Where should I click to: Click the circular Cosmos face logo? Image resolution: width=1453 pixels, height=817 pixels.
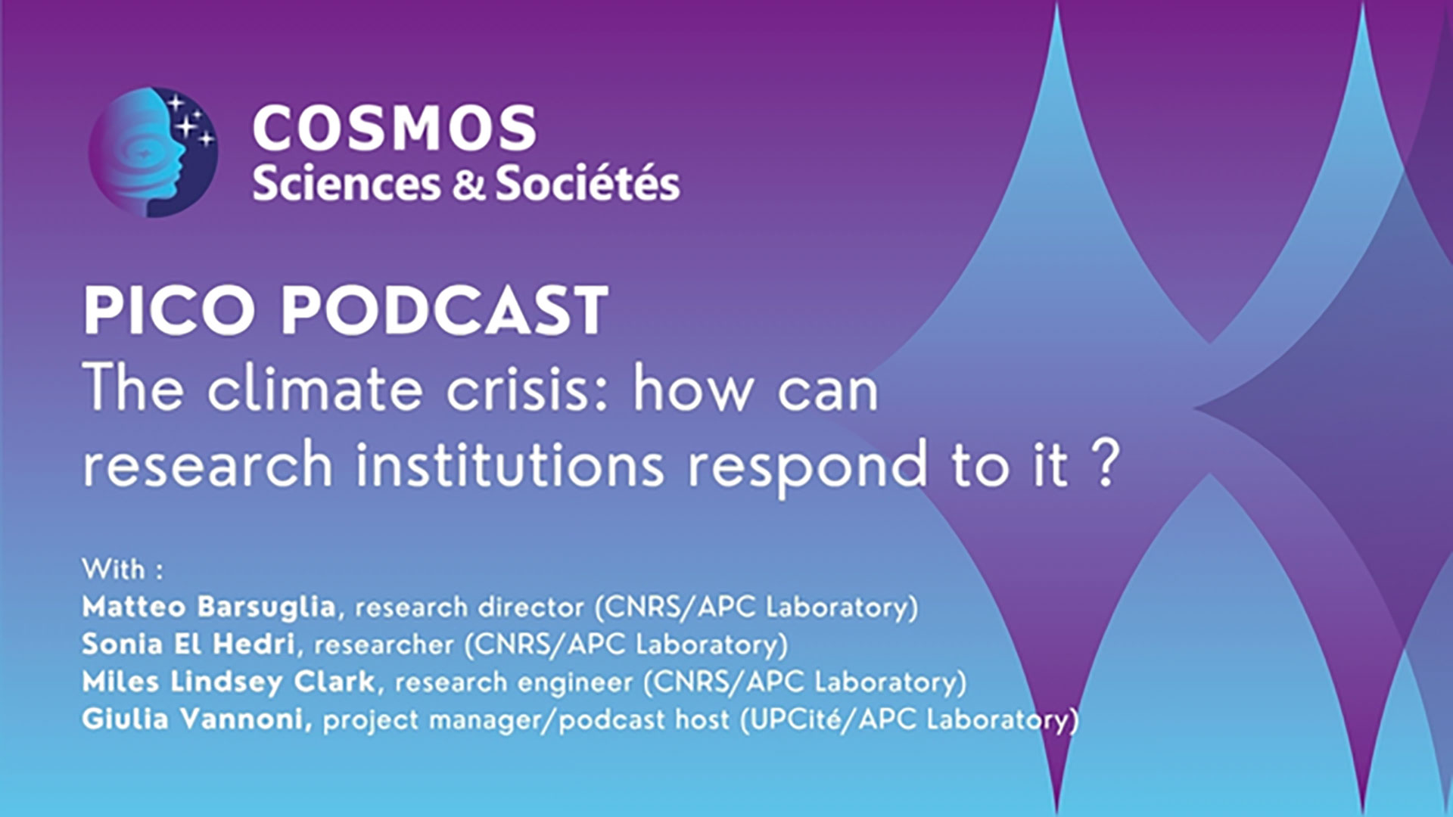tap(153, 152)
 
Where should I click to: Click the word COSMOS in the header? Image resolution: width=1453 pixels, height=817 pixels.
tap(394, 128)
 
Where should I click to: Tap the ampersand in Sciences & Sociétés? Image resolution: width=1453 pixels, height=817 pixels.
tap(468, 185)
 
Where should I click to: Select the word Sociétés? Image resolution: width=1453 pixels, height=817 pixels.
tap(587, 184)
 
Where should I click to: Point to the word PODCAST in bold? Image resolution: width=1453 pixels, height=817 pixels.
tap(445, 310)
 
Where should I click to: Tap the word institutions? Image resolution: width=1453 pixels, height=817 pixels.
tap(510, 464)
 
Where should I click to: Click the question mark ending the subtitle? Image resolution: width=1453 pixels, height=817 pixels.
tap(1106, 464)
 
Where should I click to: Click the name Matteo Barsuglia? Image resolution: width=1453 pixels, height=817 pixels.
tap(209, 607)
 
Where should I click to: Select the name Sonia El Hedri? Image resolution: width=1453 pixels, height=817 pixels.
tap(188, 644)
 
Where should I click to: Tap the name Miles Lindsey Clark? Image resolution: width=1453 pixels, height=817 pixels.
tap(229, 682)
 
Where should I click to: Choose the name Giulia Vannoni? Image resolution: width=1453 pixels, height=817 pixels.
tap(195, 719)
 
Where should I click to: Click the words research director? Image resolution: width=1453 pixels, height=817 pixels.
tap(470, 607)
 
